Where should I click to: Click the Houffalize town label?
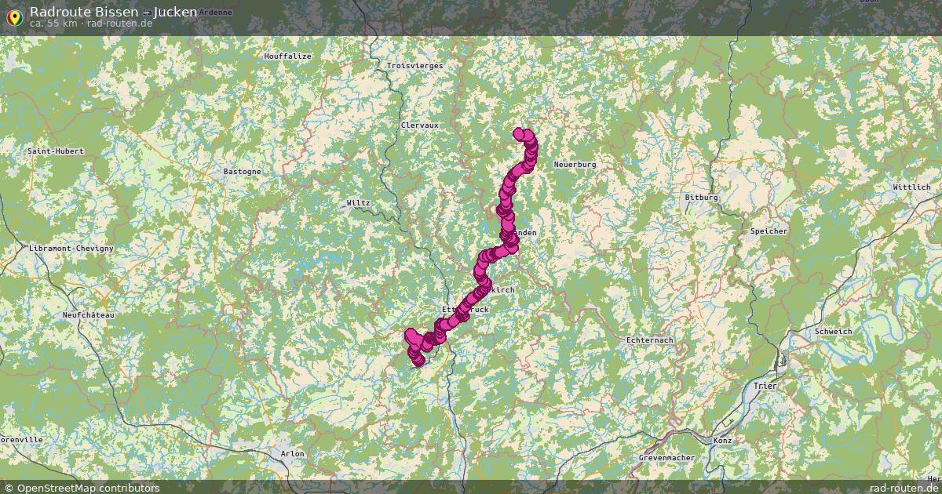coord(287,56)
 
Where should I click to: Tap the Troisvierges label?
coord(414,66)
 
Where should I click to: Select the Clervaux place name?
coord(419,125)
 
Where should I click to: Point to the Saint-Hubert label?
coord(55,151)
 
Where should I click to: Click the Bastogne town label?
coord(242,171)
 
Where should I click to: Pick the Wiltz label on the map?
coord(358,203)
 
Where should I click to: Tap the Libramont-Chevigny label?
coord(71,248)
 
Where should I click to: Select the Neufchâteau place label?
coord(88,315)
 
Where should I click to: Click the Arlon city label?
coord(292,454)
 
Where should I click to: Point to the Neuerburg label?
coord(575,165)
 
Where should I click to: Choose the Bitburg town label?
coord(701,198)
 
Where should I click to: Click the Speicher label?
coord(769,231)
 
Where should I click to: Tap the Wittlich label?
coord(911,187)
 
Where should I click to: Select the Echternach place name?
coord(650,340)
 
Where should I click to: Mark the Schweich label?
coord(833,332)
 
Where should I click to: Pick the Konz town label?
coord(722,441)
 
